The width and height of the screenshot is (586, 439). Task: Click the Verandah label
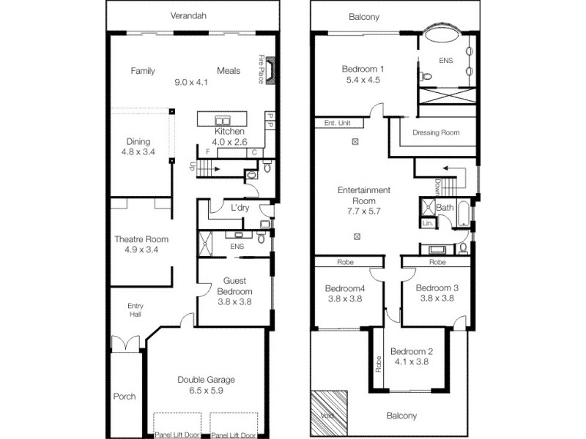point(188,15)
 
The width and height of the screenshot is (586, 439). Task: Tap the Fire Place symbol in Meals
point(270,70)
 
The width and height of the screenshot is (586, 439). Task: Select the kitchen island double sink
point(223,121)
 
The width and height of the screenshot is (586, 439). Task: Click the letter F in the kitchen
point(208,152)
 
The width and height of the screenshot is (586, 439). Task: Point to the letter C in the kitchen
point(254,152)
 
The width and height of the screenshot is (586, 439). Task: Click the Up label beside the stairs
point(192,166)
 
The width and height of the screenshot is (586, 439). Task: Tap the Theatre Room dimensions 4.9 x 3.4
point(141,249)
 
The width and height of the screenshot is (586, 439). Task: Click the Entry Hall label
point(136,309)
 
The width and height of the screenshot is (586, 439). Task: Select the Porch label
point(125,397)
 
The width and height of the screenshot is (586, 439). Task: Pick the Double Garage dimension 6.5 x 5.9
point(207,391)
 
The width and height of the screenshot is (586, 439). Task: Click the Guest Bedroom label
point(234,286)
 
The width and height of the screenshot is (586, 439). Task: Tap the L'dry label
point(240,208)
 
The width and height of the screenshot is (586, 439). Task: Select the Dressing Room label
point(436,132)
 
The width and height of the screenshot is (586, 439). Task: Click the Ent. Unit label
point(338,123)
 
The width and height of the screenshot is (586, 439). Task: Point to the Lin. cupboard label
point(428,223)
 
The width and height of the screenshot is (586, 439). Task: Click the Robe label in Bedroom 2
point(379,364)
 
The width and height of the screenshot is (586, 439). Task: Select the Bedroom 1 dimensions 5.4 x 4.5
point(363,80)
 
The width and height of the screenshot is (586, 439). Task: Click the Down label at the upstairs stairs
point(438,187)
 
